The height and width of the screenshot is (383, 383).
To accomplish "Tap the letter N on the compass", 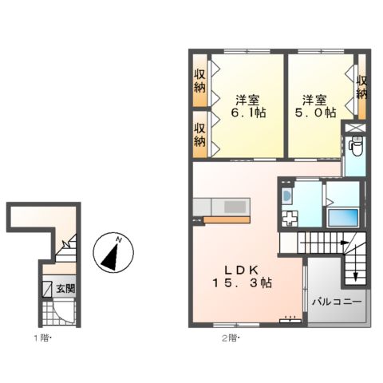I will point(118,240).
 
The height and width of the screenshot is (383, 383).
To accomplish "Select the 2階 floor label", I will point(231,338).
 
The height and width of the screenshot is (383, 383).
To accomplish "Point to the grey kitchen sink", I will point(235,207).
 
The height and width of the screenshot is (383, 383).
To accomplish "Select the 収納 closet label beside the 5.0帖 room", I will point(361,87).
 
